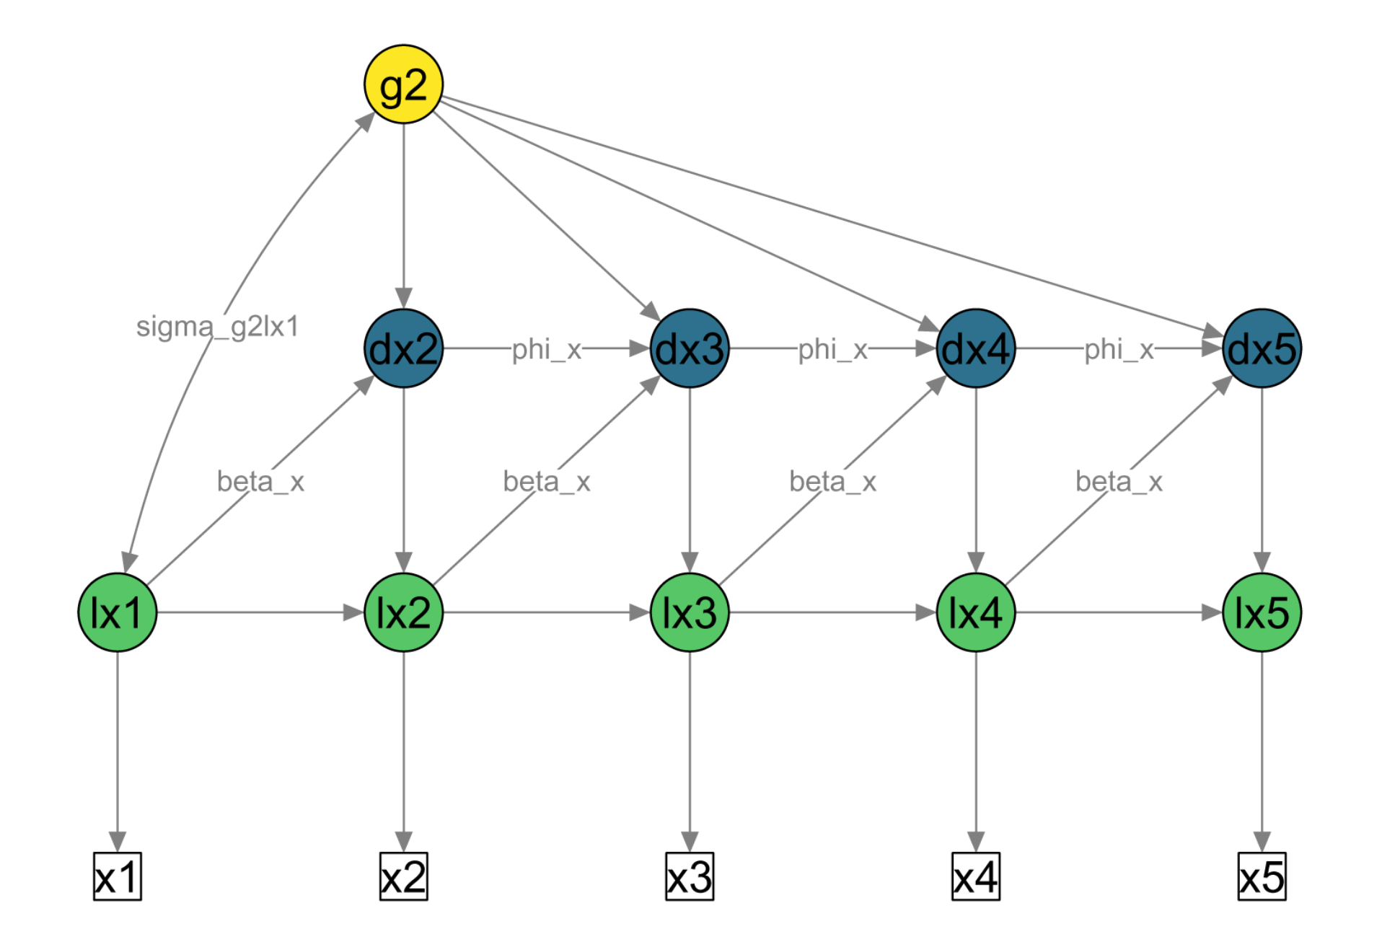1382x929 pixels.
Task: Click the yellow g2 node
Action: (x=403, y=84)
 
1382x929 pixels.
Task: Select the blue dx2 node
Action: (x=403, y=348)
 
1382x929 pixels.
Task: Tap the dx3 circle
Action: (x=690, y=348)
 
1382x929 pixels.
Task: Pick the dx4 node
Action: (x=976, y=348)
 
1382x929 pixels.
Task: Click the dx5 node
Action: (x=1262, y=348)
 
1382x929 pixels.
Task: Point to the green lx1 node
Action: (x=118, y=612)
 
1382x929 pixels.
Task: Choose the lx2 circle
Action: (x=403, y=612)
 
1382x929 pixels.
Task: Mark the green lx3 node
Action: (x=690, y=612)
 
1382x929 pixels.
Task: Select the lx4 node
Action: (x=976, y=612)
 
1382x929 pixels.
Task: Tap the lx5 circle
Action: (x=1262, y=612)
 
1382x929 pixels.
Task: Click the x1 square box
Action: (x=118, y=877)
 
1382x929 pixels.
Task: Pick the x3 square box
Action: (x=690, y=877)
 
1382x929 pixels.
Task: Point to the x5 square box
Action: (x=1262, y=877)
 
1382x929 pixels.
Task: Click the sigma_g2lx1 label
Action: (x=217, y=327)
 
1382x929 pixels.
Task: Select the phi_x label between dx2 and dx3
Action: (x=547, y=349)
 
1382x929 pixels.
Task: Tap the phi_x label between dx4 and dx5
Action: (x=1119, y=349)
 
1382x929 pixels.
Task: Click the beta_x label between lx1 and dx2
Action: (x=260, y=481)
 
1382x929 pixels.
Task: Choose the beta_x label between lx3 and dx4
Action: (x=832, y=481)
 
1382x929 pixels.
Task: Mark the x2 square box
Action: (x=403, y=877)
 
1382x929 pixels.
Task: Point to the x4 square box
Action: (x=976, y=877)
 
